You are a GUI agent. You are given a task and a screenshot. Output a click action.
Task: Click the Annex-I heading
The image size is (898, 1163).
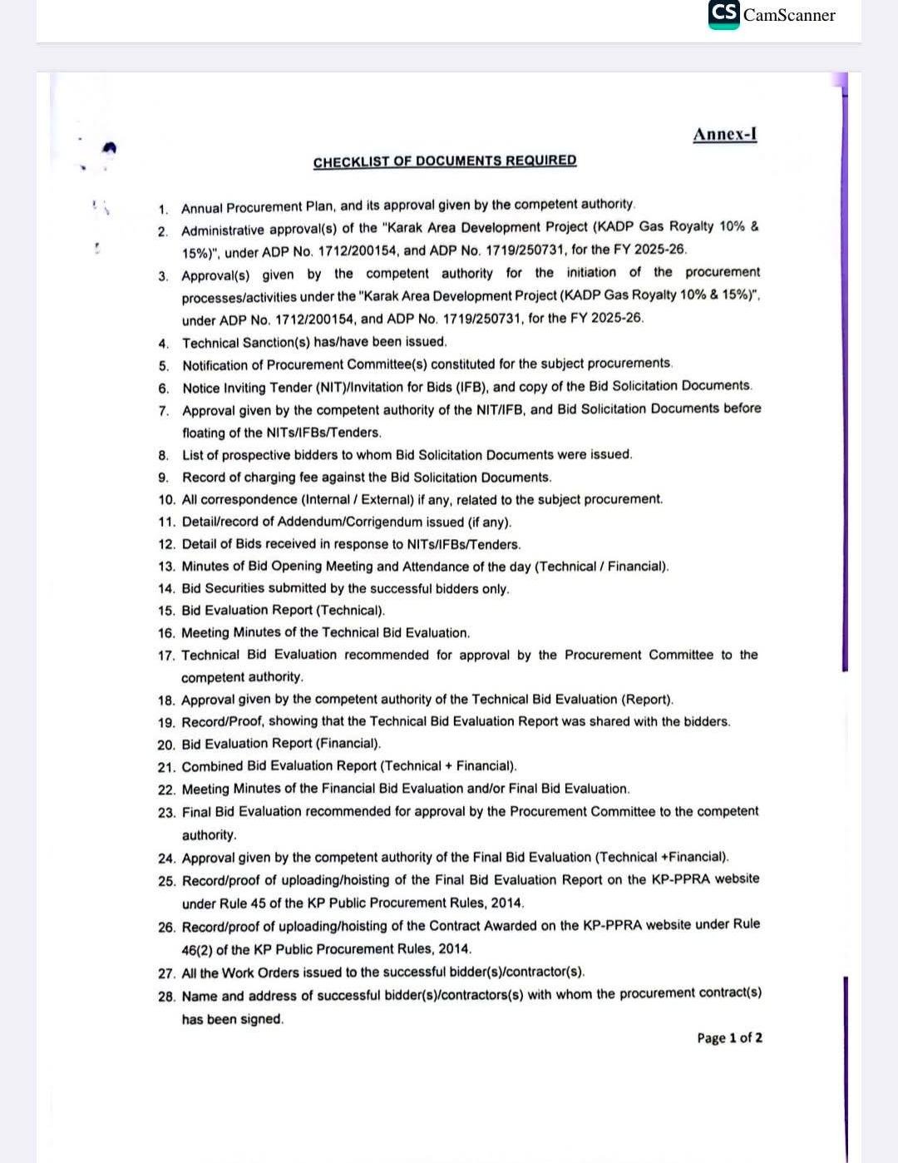pos(724,135)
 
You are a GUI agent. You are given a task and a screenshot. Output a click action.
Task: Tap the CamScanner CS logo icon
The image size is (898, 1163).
pos(724,14)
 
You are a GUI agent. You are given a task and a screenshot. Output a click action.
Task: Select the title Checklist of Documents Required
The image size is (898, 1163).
pos(444,161)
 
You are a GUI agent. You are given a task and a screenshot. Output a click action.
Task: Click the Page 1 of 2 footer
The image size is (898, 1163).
pos(729,1037)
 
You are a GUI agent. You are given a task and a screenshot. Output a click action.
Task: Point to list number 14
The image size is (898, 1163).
pos(166,589)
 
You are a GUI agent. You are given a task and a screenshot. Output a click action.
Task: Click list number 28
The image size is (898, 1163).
pos(166,996)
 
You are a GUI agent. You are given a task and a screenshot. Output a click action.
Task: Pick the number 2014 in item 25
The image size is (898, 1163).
pos(506,903)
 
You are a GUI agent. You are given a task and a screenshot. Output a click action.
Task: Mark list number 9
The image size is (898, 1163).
pos(164,478)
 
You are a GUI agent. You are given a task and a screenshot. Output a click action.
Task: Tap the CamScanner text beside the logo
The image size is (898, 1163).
pos(789,15)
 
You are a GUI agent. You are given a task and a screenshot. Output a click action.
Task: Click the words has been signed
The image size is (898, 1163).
pos(232,1019)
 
